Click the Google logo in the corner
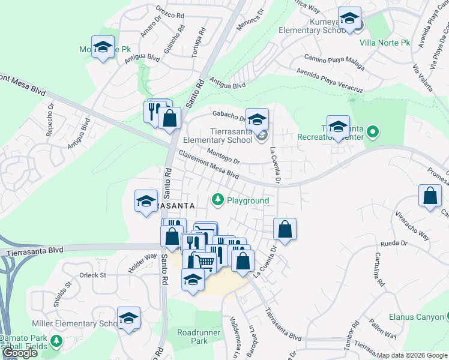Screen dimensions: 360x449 tap(19, 353)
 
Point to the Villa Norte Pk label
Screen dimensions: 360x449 tap(384, 43)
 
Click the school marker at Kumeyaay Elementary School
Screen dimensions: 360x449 tap(349, 19)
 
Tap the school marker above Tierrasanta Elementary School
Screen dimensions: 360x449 tap(257, 119)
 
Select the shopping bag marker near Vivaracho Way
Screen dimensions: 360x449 tap(430, 196)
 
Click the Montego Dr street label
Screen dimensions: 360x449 tap(223, 157)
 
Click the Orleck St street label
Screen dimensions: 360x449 tap(92, 275)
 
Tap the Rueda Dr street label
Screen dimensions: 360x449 tap(394, 244)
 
